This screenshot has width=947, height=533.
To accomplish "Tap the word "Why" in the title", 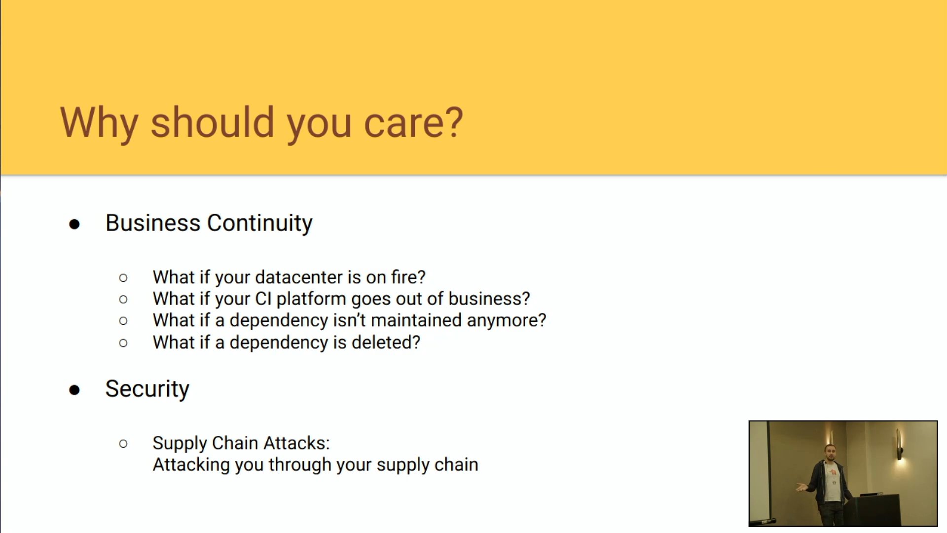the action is (99, 123).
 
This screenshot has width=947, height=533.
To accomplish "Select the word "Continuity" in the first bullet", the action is (259, 223).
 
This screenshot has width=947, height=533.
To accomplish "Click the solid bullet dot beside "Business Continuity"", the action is (74, 225).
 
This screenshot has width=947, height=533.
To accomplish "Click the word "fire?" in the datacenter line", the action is (408, 277).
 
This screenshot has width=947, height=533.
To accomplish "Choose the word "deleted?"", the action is (386, 342).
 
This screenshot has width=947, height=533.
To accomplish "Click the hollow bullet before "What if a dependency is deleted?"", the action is (123, 343).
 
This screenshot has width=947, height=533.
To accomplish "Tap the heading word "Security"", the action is (147, 389).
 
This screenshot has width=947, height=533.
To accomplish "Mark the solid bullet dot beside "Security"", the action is (74, 390).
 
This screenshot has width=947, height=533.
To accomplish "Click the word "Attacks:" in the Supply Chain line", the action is (296, 443).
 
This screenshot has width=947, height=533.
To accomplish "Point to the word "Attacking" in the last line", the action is (191, 465).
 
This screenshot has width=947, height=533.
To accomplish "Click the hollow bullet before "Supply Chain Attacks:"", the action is (123, 444).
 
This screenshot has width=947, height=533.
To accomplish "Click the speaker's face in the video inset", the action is (830, 453).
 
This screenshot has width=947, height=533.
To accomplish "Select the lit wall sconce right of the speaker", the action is (899, 446).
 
